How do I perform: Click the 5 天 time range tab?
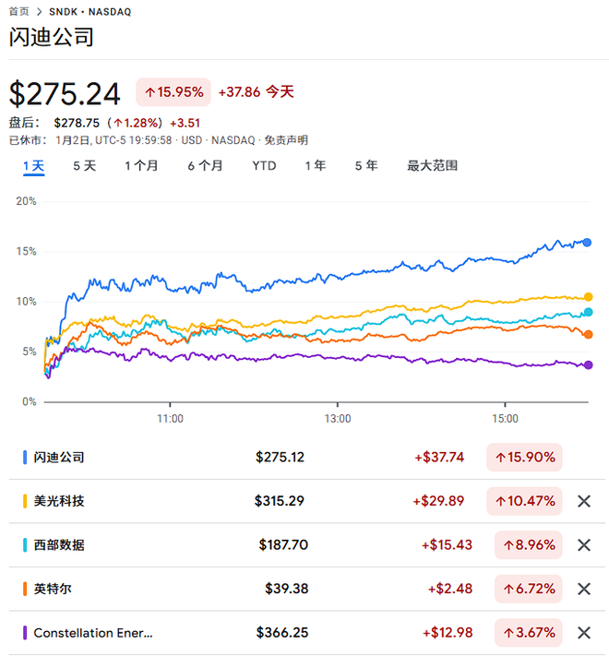point(84,166)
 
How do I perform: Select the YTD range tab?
point(264,166)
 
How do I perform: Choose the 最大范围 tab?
point(432,166)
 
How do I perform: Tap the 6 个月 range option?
point(205,166)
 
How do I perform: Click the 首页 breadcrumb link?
point(18,11)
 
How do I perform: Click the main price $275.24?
point(65,94)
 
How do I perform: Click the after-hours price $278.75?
point(78,122)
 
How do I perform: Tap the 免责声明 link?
point(286,140)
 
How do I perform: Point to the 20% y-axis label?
point(26,201)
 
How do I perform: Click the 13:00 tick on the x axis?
point(338,418)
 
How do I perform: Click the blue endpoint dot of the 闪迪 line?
point(587,243)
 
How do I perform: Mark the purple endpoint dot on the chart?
point(588,365)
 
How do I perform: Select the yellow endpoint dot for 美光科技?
point(588,297)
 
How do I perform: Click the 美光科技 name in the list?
point(59,501)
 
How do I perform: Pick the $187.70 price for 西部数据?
point(283,545)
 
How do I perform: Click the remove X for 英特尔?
point(583,589)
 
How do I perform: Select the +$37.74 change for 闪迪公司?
point(439,457)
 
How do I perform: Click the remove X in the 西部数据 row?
point(583,545)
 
